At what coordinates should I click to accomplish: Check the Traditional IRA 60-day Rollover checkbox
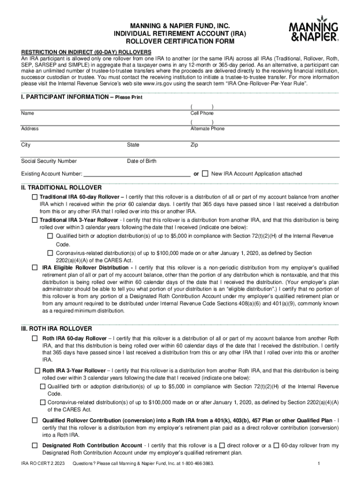(35, 197)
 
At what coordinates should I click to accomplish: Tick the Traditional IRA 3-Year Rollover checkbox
(35, 219)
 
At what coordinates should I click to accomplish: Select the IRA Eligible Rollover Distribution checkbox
(35, 268)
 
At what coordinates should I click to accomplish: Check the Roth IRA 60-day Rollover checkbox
(35, 338)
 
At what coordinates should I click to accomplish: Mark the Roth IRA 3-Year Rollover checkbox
(38, 370)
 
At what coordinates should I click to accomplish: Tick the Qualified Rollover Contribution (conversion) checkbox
(35, 420)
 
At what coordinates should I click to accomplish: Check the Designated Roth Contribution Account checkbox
(35, 445)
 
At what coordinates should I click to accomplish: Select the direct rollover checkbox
(222, 445)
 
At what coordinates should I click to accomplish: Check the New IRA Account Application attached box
(205, 174)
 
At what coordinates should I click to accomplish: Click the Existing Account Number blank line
(137, 174)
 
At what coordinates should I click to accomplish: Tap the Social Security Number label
(49, 161)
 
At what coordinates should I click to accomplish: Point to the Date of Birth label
(142, 161)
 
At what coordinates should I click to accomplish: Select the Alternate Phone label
(207, 129)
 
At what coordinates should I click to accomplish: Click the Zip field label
(194, 145)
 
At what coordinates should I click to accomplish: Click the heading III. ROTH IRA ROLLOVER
(56, 328)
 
